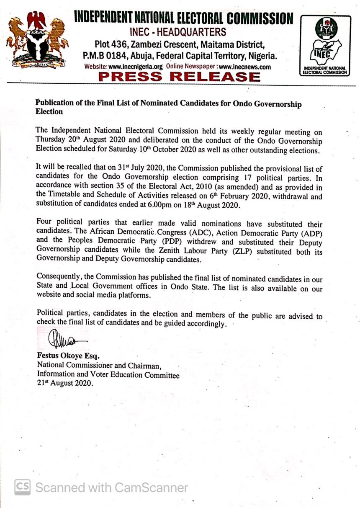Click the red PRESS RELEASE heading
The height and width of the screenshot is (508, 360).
coord(179,77)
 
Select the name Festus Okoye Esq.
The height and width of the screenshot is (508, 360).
coord(68,356)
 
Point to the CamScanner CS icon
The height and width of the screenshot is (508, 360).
coord(23,487)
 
